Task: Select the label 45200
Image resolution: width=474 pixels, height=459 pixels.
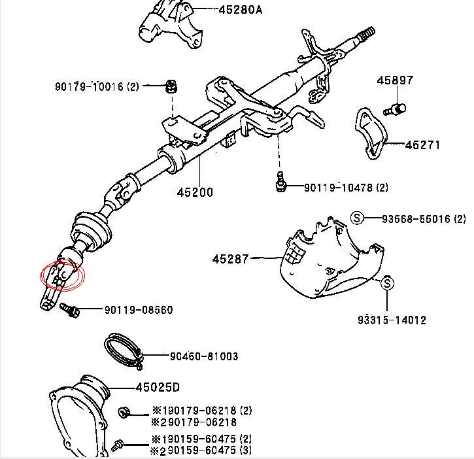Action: point(195,192)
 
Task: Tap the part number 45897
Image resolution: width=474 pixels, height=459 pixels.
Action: point(395,80)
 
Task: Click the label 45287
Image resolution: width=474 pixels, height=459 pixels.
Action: point(230,259)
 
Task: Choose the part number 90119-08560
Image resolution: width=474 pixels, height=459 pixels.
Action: point(139,310)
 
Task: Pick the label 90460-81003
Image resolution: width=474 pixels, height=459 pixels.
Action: point(204,356)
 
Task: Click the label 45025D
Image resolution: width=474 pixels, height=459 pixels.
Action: point(158,387)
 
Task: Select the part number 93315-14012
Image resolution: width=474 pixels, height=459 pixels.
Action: point(392,320)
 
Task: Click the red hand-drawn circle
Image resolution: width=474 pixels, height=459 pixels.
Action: point(63,275)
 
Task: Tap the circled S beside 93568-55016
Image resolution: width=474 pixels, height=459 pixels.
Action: point(357,218)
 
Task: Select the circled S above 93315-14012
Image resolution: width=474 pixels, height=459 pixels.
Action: point(386,283)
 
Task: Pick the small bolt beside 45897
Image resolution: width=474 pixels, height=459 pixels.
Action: point(396,109)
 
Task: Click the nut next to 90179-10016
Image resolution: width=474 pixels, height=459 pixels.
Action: point(171,86)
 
